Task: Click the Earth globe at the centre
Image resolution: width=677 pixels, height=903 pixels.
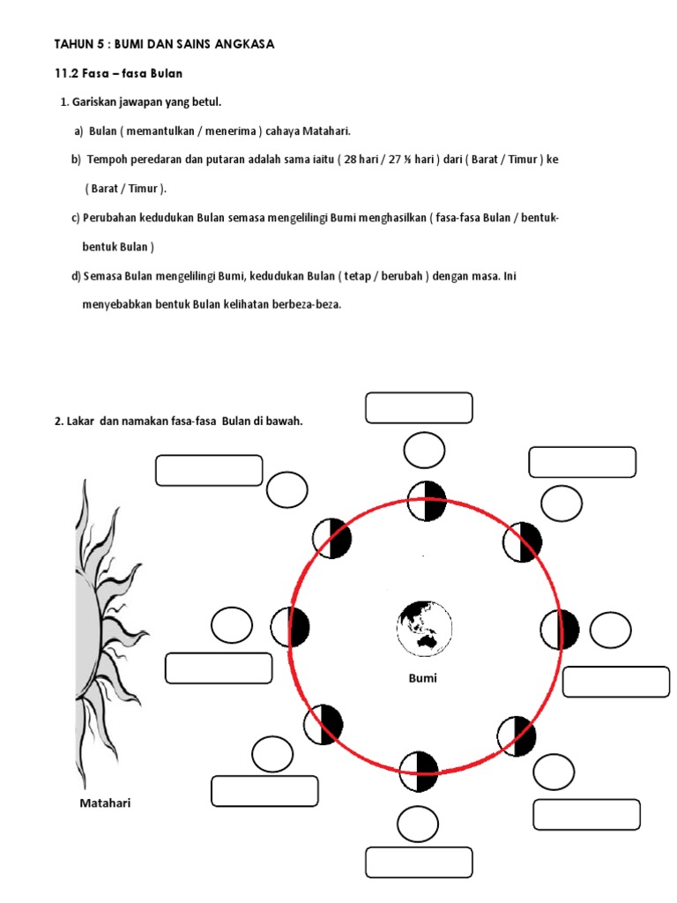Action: [423, 628]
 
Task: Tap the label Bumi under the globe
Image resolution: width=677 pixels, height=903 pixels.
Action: [422, 678]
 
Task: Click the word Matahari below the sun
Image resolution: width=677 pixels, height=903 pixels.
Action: [105, 803]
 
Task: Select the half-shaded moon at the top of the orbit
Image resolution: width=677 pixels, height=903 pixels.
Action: [425, 501]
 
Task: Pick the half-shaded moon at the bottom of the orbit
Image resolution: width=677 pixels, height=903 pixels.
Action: [418, 772]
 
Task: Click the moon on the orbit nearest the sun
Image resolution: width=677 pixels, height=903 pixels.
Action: [291, 628]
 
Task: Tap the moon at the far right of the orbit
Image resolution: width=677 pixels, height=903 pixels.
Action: [560, 630]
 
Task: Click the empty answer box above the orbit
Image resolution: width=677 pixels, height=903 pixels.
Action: [419, 408]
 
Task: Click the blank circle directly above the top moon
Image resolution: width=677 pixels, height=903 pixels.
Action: [424, 451]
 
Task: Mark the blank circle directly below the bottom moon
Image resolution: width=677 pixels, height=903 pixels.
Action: [418, 825]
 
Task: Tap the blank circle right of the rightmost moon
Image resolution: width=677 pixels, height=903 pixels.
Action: [610, 630]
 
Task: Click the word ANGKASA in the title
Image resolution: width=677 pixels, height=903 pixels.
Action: [242, 44]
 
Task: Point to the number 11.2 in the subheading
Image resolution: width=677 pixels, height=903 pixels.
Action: [68, 73]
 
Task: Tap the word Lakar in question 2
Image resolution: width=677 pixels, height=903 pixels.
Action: [79, 421]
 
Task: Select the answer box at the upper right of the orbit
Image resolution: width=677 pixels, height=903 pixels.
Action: [582, 462]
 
